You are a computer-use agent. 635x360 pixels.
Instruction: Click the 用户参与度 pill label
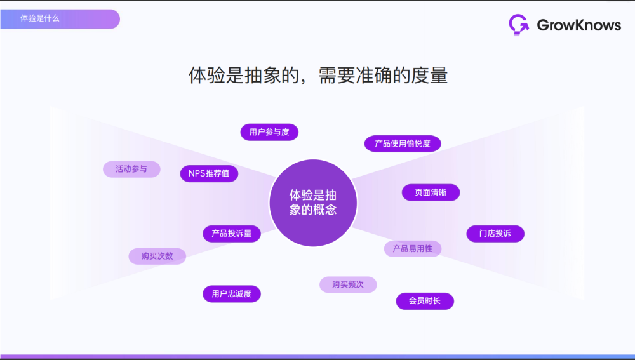pyautogui.click(x=269, y=132)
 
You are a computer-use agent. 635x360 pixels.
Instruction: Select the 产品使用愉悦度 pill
pyautogui.click(x=403, y=143)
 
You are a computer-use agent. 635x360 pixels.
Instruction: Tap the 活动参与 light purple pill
pyautogui.click(x=131, y=170)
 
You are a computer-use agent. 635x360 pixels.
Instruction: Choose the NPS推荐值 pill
pyautogui.click(x=209, y=173)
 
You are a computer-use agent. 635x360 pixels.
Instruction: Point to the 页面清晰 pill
pyautogui.click(x=431, y=192)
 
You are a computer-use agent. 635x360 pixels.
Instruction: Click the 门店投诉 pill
pyautogui.click(x=495, y=234)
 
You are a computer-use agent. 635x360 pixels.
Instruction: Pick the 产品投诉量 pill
pyautogui.click(x=232, y=234)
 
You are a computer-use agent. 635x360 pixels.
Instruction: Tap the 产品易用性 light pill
pyautogui.click(x=412, y=248)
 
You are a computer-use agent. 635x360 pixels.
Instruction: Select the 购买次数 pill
pyautogui.click(x=157, y=257)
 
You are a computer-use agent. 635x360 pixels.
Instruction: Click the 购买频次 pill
pyautogui.click(x=348, y=284)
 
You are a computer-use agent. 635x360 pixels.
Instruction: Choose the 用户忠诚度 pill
pyautogui.click(x=232, y=293)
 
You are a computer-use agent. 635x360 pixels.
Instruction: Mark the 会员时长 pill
pyautogui.click(x=425, y=301)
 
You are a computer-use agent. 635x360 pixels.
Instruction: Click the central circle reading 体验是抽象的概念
pyautogui.click(x=313, y=203)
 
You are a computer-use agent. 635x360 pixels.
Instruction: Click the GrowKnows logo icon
pyautogui.click(x=519, y=24)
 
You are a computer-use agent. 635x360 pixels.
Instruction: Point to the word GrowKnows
pyautogui.click(x=578, y=25)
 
